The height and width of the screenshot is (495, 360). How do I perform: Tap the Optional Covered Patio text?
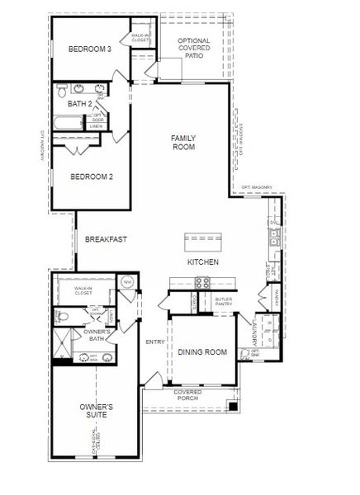click(194, 49)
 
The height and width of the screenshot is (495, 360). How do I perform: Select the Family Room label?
click(182, 142)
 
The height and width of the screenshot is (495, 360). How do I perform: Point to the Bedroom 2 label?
click(91, 177)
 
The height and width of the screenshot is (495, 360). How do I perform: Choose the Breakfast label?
click(106, 239)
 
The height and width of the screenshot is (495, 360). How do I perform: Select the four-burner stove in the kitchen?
click(201, 283)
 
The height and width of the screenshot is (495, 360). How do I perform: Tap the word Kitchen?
click(202, 262)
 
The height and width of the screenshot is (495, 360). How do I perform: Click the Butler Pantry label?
click(224, 302)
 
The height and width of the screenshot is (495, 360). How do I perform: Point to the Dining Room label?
click(202, 352)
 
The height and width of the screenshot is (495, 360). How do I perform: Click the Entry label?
click(154, 341)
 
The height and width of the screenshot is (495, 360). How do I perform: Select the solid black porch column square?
click(234, 406)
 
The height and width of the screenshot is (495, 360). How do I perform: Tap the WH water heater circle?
click(128, 282)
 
